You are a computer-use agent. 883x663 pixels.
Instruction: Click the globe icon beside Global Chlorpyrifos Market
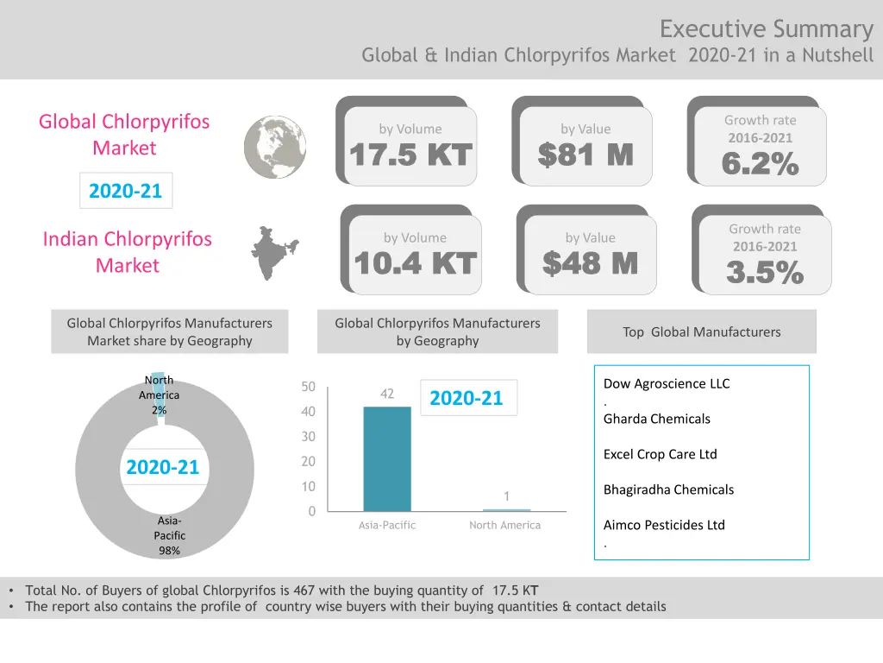tap(275, 147)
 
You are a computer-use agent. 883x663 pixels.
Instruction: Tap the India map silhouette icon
tap(274, 253)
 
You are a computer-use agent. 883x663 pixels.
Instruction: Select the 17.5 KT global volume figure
tap(410, 155)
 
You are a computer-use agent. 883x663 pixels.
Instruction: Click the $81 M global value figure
tap(586, 155)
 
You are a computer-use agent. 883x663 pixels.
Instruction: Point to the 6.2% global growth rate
tap(760, 163)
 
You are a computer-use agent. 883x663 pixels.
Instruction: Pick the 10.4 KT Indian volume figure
tap(415, 264)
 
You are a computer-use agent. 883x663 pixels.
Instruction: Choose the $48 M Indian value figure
tap(590, 263)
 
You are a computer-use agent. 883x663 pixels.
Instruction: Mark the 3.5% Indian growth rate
tap(765, 273)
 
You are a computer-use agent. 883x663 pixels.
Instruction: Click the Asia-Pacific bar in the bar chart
tap(387, 458)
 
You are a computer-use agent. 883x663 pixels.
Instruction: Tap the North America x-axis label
tap(504, 525)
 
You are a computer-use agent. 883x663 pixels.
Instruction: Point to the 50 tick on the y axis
tap(308, 387)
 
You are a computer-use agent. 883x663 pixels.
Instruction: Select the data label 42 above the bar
tap(387, 394)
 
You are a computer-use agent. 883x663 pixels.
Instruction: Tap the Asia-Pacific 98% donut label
tap(169, 535)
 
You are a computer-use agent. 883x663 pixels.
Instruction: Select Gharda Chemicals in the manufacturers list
tap(657, 419)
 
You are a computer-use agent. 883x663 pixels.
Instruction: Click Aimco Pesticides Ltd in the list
tap(664, 525)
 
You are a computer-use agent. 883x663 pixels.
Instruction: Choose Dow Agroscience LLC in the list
tap(667, 383)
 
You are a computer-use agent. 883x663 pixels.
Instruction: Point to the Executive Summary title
tap(766, 29)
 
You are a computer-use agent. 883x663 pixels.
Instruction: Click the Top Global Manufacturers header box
tap(701, 331)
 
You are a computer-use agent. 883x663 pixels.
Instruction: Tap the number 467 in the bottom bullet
tap(304, 590)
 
